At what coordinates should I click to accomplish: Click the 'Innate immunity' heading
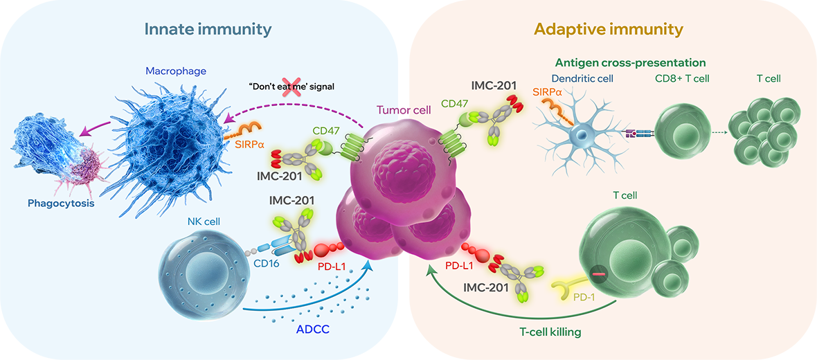pos(208,29)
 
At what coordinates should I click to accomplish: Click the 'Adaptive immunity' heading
pos(609,29)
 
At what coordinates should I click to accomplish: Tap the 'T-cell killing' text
pos(550,332)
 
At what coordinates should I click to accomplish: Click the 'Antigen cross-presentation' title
pos(630,63)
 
